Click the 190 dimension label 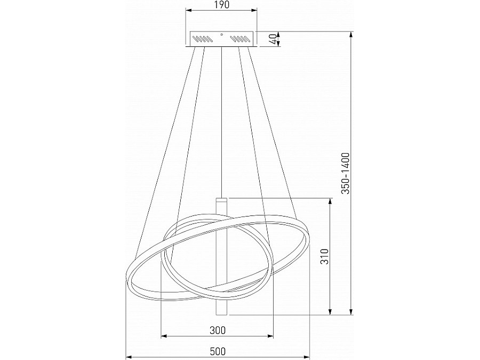[221, 5]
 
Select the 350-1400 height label [345, 173]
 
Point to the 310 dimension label [324, 256]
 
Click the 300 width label [218, 330]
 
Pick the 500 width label [218, 351]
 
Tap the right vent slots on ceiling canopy [241, 39]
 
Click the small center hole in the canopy [222, 35]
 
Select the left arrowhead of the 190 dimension [189, 11]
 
